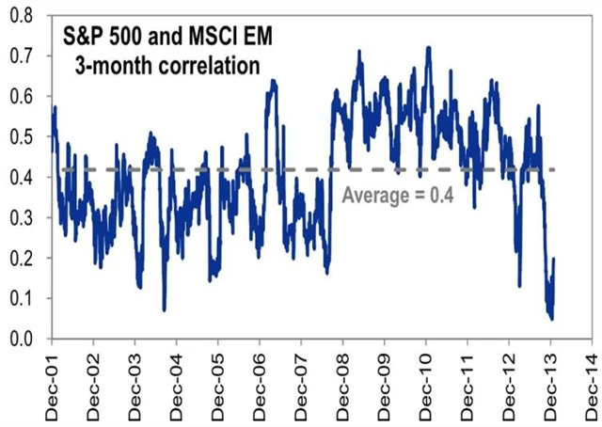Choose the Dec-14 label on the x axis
click(x=591, y=382)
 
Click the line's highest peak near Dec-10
click(x=429, y=46)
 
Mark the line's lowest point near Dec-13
click(x=551, y=319)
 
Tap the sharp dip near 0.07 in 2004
click(x=165, y=309)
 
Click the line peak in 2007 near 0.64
click(x=273, y=81)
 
